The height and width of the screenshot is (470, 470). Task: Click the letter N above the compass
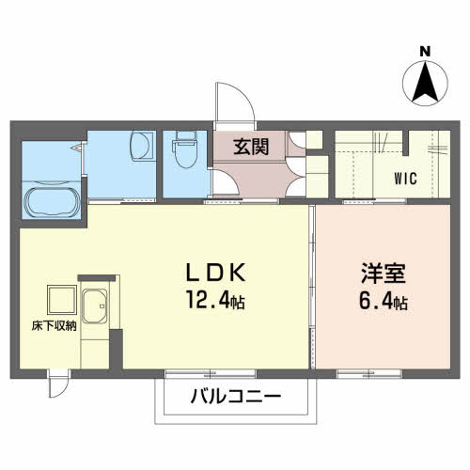tap(425, 51)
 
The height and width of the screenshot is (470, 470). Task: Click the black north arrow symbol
tap(425, 83)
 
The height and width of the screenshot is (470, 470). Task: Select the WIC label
tap(406, 176)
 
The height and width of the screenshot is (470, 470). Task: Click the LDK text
tap(215, 274)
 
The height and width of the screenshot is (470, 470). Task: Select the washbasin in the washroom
tap(141, 148)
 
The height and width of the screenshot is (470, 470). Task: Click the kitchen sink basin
tap(96, 305)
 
